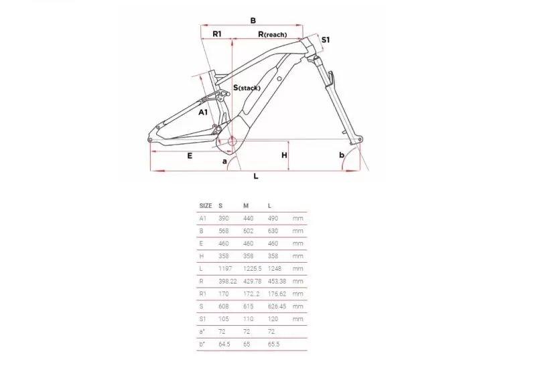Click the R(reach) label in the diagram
pos(273,34)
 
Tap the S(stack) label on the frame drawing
pos(247,88)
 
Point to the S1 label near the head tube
pos(326,40)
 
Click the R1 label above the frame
pos(217,34)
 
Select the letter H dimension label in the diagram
pos(284,155)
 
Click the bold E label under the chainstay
pos(190,156)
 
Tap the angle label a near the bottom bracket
pos(224,161)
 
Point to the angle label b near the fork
pos(342,155)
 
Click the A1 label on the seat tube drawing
pos(203,112)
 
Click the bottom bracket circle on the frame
pos(232,141)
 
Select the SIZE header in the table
pos(206,206)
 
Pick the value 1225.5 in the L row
pos(253,269)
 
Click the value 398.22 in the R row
pos(228,281)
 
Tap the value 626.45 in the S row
pos(277,306)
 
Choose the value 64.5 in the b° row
pos(224,344)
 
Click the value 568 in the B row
pos(224,231)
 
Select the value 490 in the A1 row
pos(273,218)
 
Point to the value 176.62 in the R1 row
pos(277,294)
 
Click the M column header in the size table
pos(246,206)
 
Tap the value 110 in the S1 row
pos(248,319)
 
